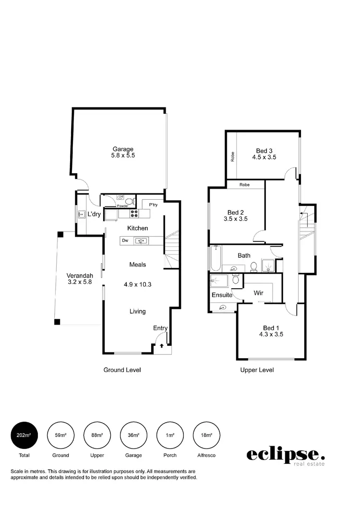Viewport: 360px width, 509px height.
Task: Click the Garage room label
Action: (x=123, y=149)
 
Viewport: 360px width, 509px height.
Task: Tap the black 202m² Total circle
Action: (x=24, y=435)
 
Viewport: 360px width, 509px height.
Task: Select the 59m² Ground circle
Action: (x=60, y=435)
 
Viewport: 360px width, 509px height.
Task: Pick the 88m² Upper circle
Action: (x=97, y=435)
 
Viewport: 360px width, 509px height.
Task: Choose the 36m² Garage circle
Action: (x=133, y=435)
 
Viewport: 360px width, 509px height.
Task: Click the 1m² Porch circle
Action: (x=170, y=435)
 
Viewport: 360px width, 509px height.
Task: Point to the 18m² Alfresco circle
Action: (x=206, y=435)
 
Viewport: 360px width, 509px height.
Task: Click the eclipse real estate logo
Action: (x=286, y=455)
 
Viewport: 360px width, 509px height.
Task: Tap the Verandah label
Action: (x=80, y=276)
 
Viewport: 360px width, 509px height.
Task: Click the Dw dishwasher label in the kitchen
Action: (x=125, y=241)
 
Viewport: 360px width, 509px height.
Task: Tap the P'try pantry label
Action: (x=153, y=205)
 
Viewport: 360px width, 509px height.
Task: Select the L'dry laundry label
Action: (x=94, y=214)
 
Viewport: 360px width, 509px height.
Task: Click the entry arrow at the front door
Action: (x=162, y=345)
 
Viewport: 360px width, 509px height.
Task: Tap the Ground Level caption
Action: (x=122, y=370)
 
